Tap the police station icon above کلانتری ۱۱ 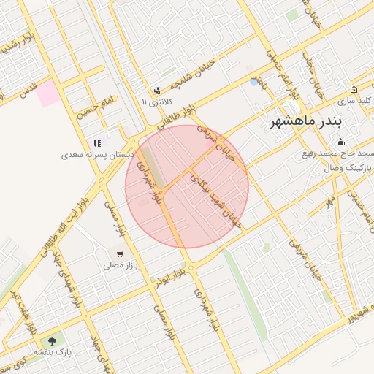(158, 91)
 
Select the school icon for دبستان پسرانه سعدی (96, 143)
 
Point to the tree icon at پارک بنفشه (52, 341)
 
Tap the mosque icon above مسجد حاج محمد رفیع (340, 142)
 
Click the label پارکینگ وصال (348, 167)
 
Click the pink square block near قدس (48, 94)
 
